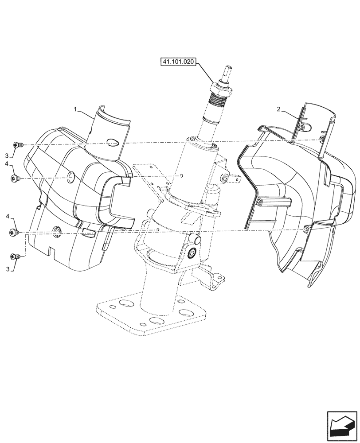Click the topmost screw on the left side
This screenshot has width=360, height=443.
18,145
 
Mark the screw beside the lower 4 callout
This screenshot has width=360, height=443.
14,232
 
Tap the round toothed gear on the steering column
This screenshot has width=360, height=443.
193,253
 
